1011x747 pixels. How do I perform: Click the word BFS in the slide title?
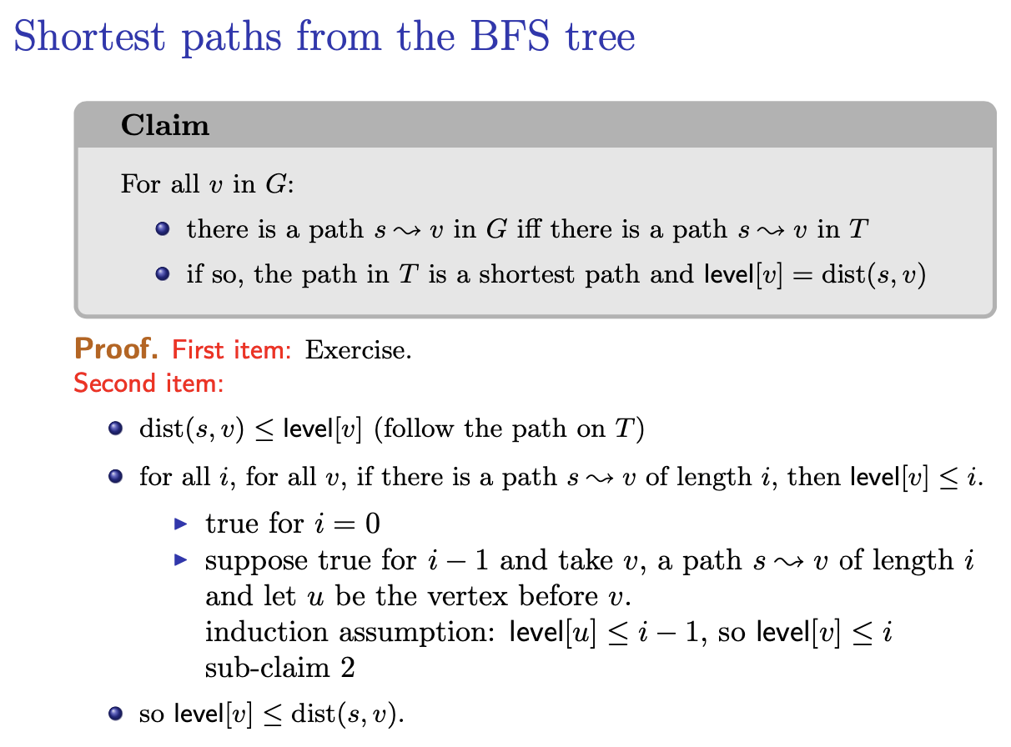click(x=510, y=36)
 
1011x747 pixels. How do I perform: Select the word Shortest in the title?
click(x=89, y=36)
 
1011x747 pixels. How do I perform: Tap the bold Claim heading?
click(x=165, y=125)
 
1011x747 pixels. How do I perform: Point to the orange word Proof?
click(x=116, y=349)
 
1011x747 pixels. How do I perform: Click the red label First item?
click(x=232, y=350)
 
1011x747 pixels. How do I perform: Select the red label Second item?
click(x=148, y=383)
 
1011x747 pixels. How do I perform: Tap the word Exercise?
click(x=359, y=350)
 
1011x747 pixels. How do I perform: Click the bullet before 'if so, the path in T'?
click(x=163, y=274)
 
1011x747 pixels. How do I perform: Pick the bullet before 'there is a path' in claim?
click(x=163, y=228)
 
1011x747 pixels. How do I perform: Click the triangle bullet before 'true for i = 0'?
click(x=180, y=524)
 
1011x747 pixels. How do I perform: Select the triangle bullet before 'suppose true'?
click(x=180, y=560)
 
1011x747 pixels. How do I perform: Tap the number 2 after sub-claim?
click(x=348, y=668)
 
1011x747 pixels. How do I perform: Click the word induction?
click(x=266, y=632)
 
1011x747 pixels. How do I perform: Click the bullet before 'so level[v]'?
click(x=115, y=714)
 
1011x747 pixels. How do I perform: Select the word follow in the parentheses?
click(x=419, y=429)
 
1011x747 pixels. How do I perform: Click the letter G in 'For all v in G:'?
click(x=275, y=184)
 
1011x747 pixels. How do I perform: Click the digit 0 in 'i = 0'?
click(x=372, y=524)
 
